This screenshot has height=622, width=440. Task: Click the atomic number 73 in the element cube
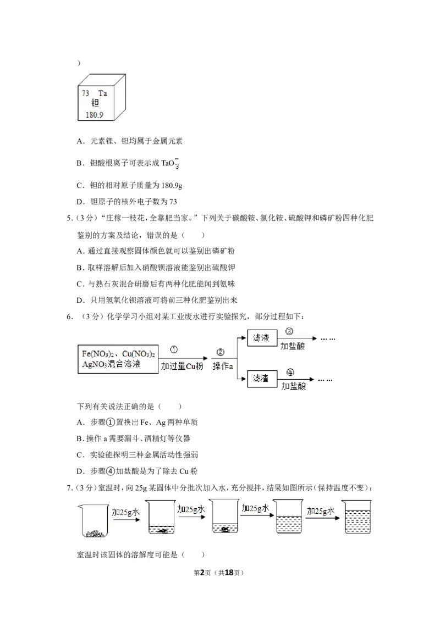pyautogui.click(x=85, y=93)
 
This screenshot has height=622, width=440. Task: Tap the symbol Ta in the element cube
pyautogui.click(x=102, y=93)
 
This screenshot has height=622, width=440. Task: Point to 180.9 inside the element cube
pyautogui.click(x=95, y=115)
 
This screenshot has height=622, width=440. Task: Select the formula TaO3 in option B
pyautogui.click(x=170, y=163)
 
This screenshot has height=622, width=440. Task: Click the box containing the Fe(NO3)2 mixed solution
pyautogui.click(x=118, y=359)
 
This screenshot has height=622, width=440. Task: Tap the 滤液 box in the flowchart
pyautogui.click(x=262, y=337)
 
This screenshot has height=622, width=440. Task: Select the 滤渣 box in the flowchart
pyautogui.click(x=262, y=379)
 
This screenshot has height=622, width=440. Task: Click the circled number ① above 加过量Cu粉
pyautogui.click(x=174, y=349)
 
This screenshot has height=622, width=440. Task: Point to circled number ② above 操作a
pyautogui.click(x=221, y=352)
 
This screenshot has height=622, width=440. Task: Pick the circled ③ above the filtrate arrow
pyautogui.click(x=289, y=331)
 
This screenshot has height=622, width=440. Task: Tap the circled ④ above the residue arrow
pyautogui.click(x=290, y=373)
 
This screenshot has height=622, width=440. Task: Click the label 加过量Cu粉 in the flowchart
pyautogui.click(x=182, y=366)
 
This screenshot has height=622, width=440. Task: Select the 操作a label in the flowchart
pyautogui.click(x=222, y=366)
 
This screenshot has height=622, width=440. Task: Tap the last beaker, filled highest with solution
pyautogui.click(x=358, y=517)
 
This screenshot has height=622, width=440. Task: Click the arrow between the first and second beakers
pyautogui.click(x=127, y=519)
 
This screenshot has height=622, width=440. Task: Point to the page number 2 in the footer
pyautogui.click(x=202, y=573)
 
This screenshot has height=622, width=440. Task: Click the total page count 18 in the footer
pyautogui.click(x=229, y=573)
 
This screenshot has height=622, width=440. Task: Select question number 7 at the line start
pyautogui.click(x=69, y=488)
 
